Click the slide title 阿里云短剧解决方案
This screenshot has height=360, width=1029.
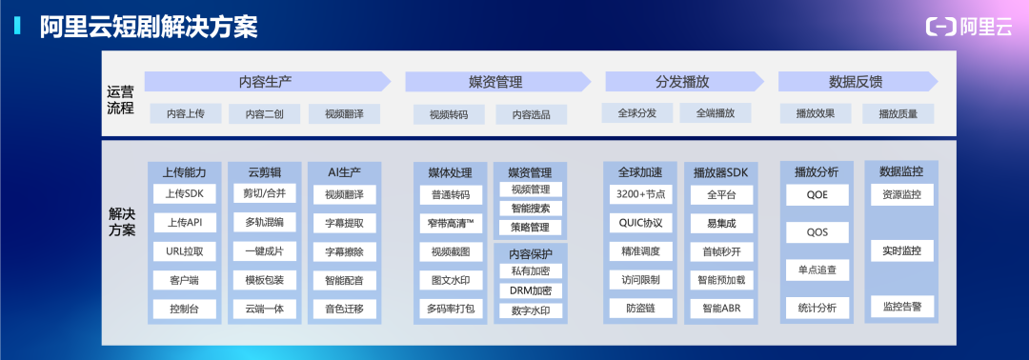(x=150, y=27)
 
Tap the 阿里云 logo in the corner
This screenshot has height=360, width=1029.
(x=969, y=28)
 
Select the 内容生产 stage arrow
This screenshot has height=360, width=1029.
(x=266, y=82)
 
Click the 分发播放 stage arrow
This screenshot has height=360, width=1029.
(x=681, y=82)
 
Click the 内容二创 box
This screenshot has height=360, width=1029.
(x=264, y=113)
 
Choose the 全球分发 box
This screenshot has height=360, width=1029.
(x=637, y=113)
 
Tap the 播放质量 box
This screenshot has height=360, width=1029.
(x=897, y=113)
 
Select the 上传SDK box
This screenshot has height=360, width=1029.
(x=185, y=194)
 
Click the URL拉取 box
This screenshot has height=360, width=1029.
(x=185, y=251)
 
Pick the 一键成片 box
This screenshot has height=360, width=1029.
(x=265, y=251)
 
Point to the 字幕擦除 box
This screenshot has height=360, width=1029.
(x=344, y=251)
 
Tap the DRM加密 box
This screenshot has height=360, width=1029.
(x=531, y=290)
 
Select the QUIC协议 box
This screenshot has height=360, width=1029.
(x=640, y=223)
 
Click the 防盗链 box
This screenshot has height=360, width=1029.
(x=640, y=309)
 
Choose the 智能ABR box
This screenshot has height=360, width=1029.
(x=720, y=309)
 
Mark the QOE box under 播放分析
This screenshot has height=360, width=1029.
(x=816, y=194)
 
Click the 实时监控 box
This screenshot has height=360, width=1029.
(x=901, y=250)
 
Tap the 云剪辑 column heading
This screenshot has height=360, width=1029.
(x=265, y=172)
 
